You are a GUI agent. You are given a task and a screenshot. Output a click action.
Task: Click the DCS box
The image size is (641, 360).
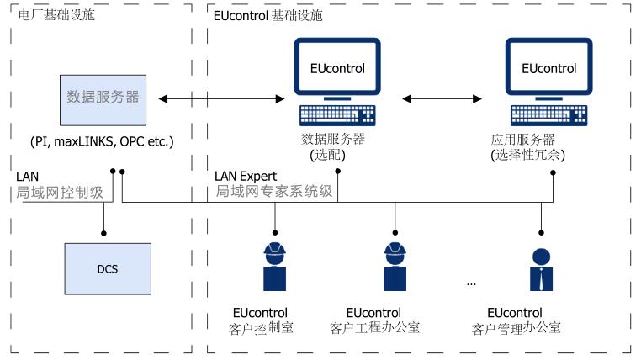pos(109,270)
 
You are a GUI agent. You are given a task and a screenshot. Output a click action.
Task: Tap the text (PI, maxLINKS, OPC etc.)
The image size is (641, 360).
pos(103,140)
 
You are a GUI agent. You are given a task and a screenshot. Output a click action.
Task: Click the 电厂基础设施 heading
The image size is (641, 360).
pos(50,15)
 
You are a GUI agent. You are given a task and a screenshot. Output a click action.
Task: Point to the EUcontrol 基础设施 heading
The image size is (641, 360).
pos(268,15)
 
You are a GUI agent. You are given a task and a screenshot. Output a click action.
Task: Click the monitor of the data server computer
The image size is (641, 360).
pos(334,68)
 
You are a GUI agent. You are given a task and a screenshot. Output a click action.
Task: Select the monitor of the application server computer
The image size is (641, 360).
pos(548,68)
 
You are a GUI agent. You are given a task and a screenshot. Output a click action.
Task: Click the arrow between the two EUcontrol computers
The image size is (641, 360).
pos(441,99)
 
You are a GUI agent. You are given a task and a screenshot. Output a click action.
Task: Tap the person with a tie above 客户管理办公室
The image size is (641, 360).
pos(540,268)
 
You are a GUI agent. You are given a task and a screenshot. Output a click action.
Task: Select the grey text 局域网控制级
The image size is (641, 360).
pos(59,192)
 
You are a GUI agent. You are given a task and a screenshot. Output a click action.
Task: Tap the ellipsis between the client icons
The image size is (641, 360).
pos(471,284)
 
